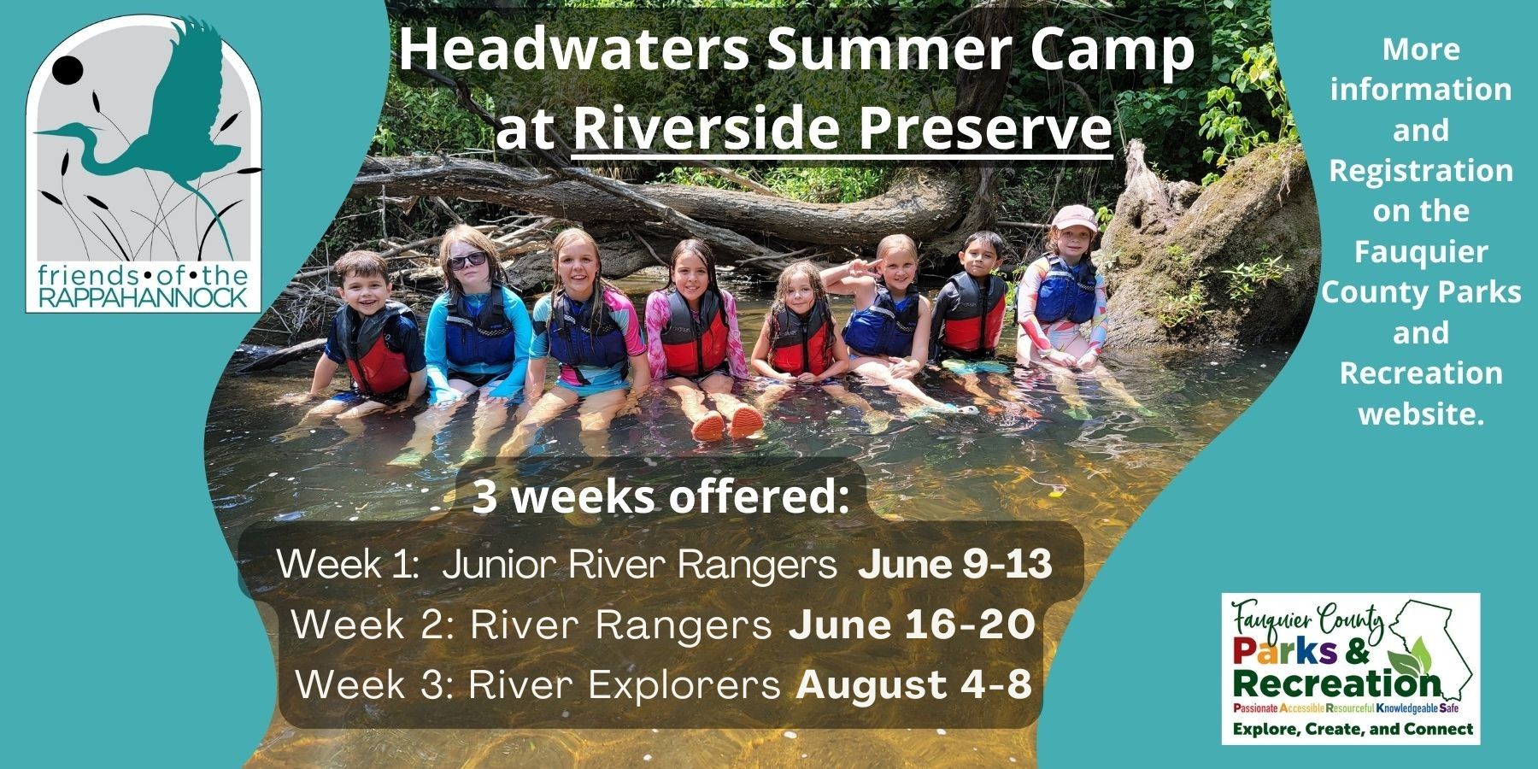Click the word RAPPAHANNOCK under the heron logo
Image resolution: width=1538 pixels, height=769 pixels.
pyautogui.click(x=144, y=297)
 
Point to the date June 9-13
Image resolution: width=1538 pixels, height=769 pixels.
pyautogui.click(x=954, y=565)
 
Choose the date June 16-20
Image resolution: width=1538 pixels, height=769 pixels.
pyautogui.click(x=912, y=625)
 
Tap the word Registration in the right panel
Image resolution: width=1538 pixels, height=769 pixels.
pyautogui.click(x=1420, y=171)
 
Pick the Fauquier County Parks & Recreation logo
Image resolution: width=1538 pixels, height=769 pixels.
pyautogui.click(x=1350, y=668)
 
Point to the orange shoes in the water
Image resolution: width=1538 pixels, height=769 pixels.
pyautogui.click(x=727, y=422)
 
